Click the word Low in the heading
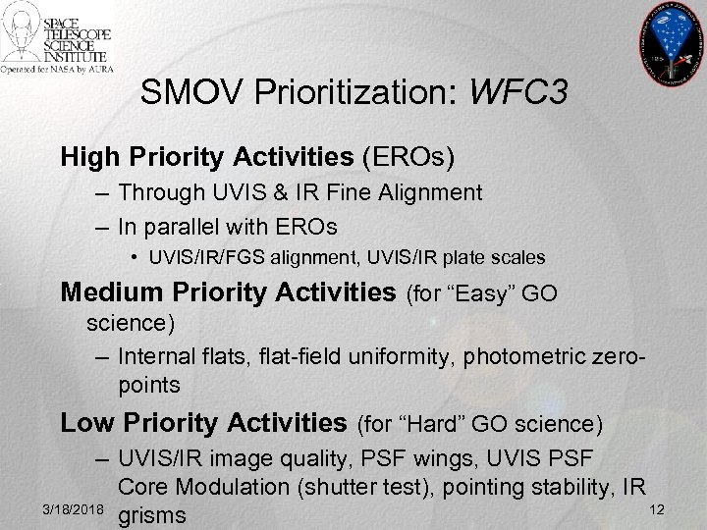[83, 423]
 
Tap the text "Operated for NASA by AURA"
[57, 70]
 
